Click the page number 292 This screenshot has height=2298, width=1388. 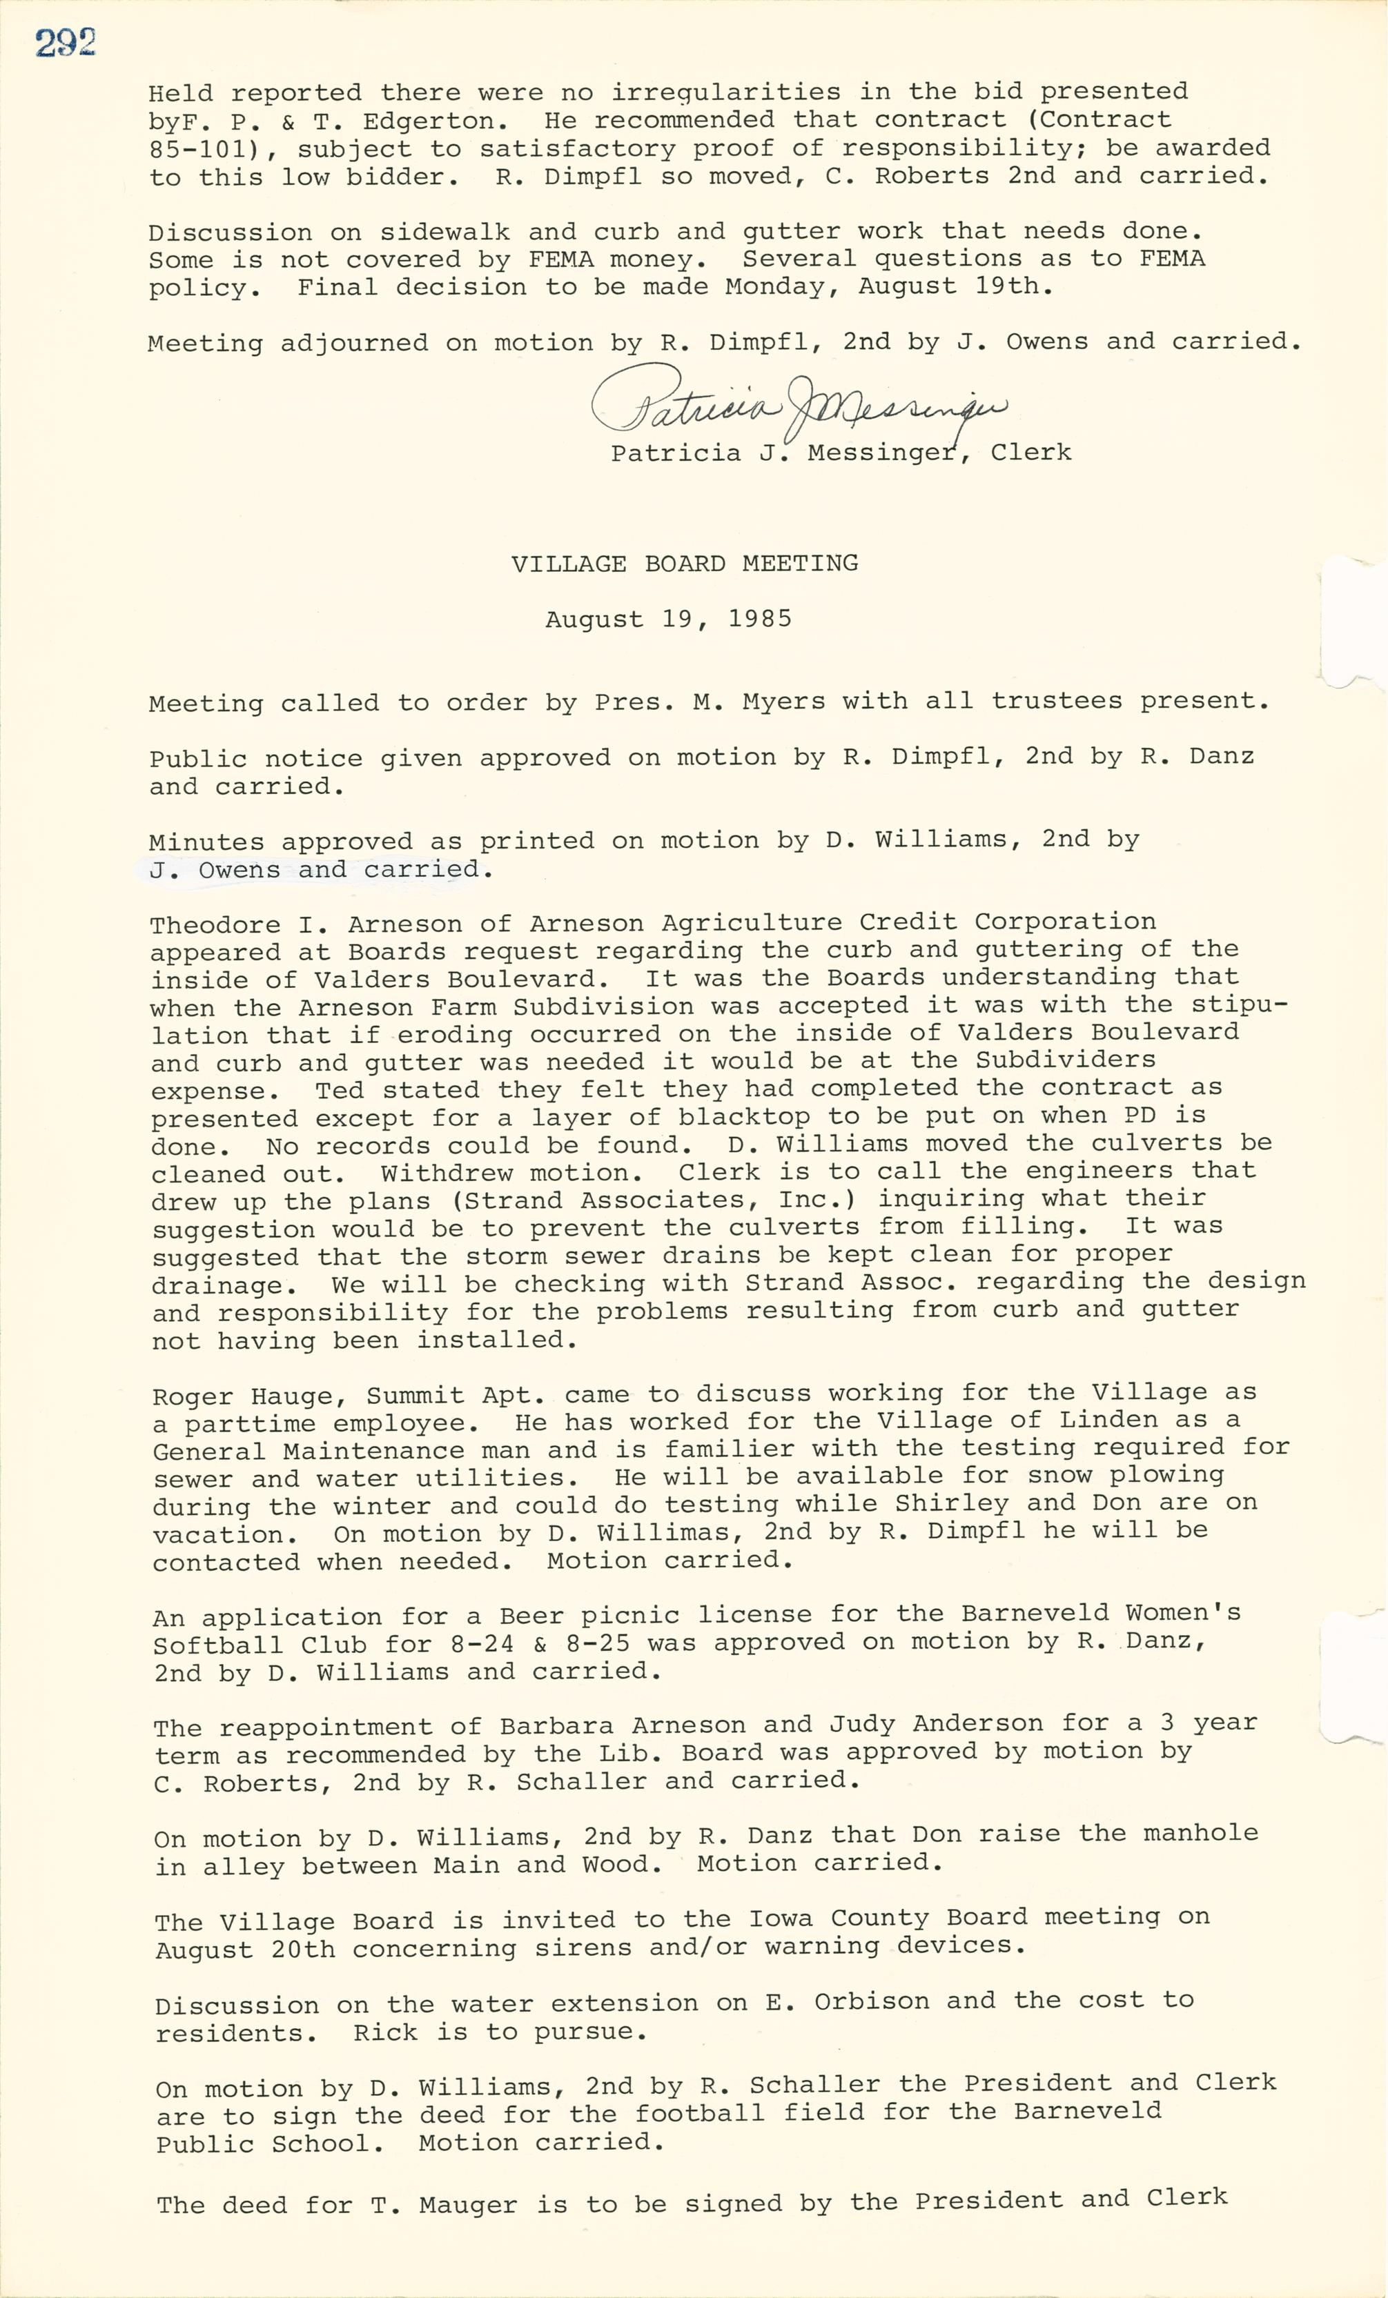point(66,44)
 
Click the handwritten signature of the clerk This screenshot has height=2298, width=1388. point(798,402)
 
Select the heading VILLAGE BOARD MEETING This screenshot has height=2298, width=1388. point(685,564)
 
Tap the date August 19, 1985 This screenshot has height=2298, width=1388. point(668,620)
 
